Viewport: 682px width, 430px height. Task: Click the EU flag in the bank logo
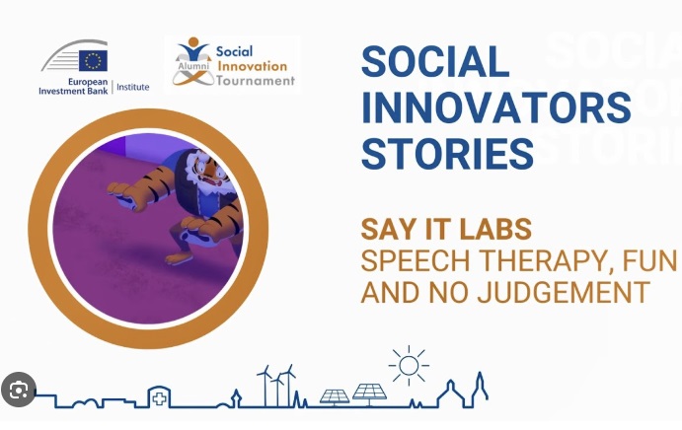tap(95, 58)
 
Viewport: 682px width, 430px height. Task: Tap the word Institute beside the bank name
tap(132, 87)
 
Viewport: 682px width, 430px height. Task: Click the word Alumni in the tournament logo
tap(189, 60)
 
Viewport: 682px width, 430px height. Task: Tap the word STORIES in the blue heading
tap(447, 154)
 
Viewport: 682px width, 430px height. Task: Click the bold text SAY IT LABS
tap(446, 229)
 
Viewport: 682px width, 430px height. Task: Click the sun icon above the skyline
tap(408, 366)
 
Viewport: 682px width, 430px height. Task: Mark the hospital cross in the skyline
tap(158, 397)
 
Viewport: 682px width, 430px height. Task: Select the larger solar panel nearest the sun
tap(369, 394)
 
